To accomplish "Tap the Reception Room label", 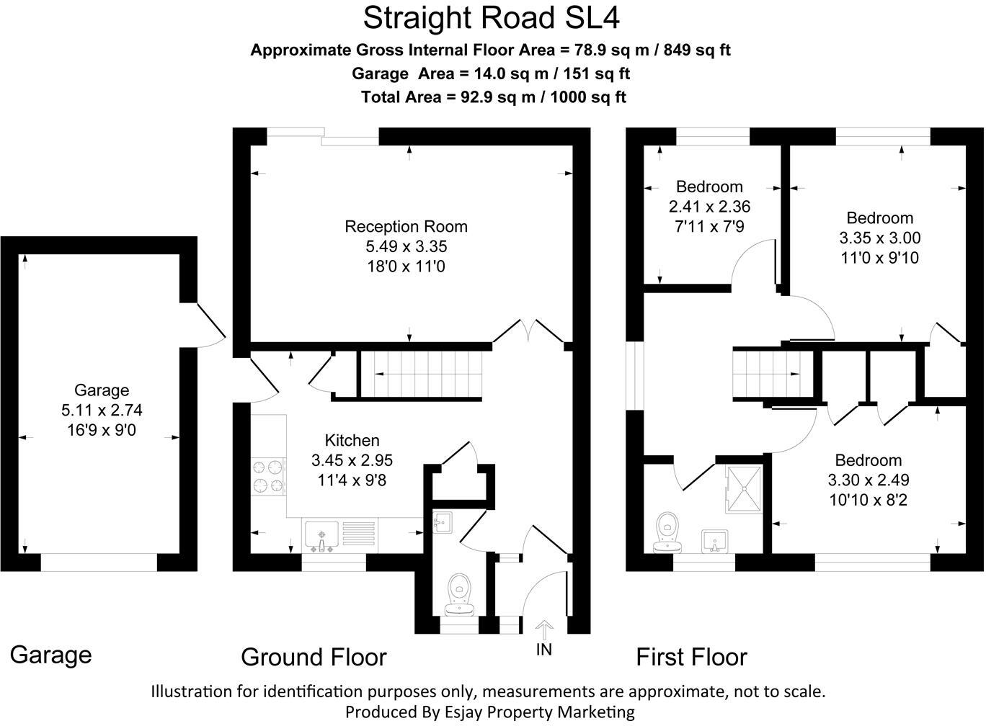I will [406, 226].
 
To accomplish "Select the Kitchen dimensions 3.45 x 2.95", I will [352, 460].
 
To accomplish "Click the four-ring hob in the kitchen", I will [268, 477].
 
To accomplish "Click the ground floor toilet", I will [459, 595].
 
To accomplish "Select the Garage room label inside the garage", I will [102, 390].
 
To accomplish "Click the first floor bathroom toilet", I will [668, 532].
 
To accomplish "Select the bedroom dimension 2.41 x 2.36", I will [709, 207].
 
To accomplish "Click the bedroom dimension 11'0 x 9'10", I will [879, 257].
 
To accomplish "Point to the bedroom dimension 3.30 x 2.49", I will [868, 480].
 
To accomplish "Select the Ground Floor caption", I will [314, 657].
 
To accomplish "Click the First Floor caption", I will [691, 657].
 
